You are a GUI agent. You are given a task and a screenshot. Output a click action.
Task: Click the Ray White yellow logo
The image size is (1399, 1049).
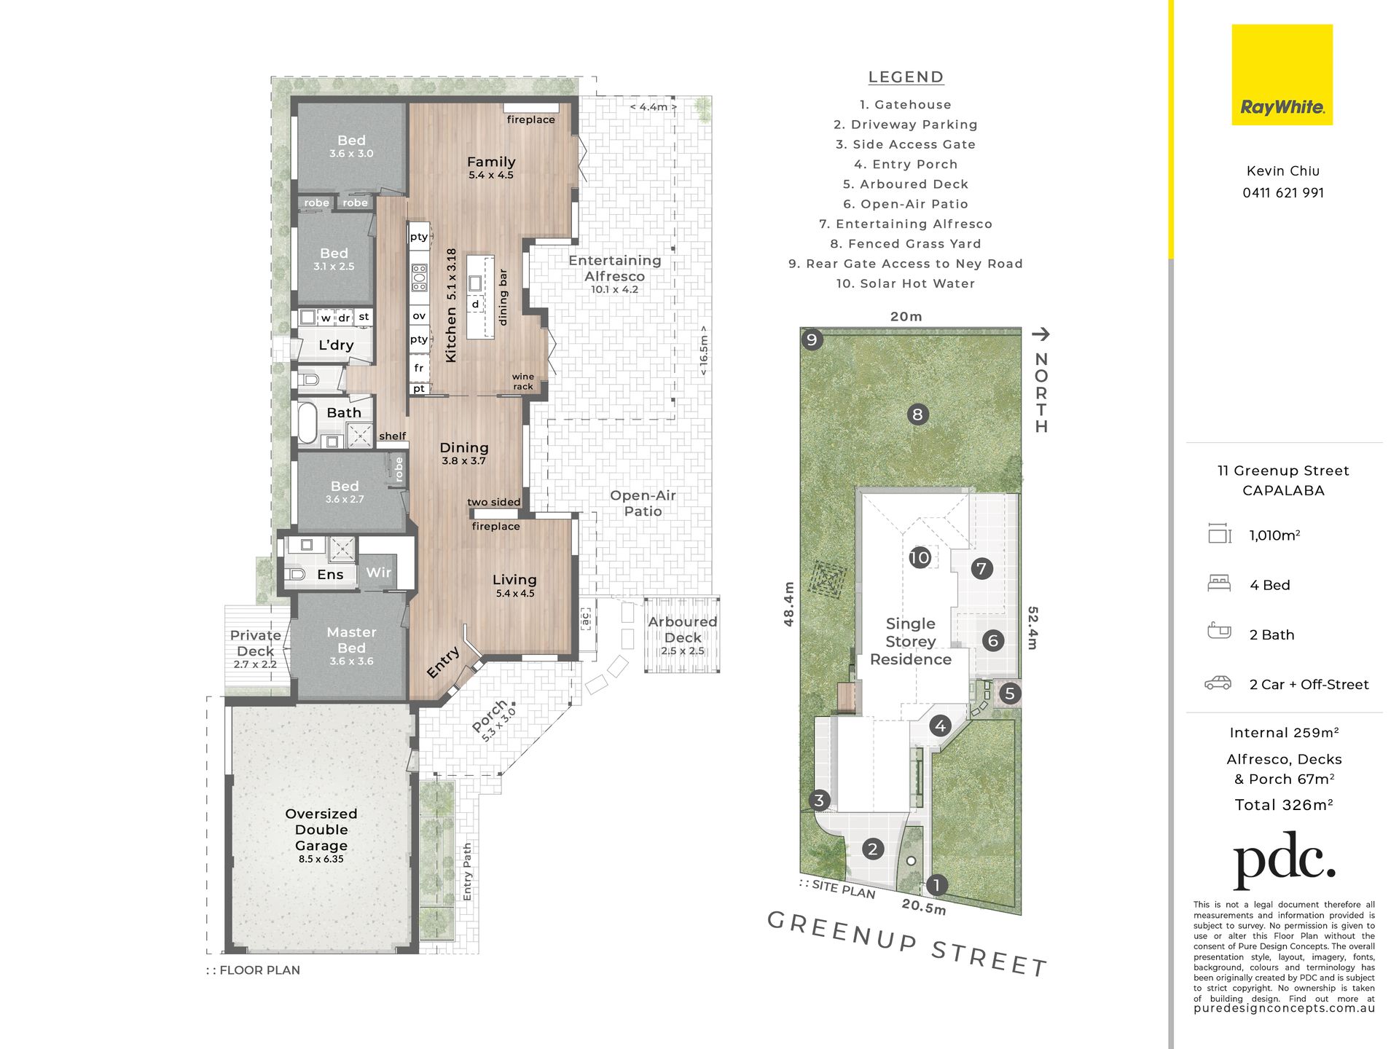click(x=1282, y=75)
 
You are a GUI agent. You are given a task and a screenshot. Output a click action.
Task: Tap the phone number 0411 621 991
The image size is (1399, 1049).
click(x=1283, y=193)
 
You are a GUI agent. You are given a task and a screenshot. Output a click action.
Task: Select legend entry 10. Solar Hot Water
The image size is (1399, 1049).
click(x=905, y=283)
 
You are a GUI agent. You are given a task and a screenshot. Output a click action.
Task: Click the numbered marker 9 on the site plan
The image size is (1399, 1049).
click(x=812, y=339)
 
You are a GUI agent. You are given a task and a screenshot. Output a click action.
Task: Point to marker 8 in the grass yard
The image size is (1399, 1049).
click(x=917, y=415)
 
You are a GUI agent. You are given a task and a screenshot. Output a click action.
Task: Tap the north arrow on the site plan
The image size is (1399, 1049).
click(x=1041, y=334)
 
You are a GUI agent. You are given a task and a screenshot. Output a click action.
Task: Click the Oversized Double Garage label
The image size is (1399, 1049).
click(x=321, y=830)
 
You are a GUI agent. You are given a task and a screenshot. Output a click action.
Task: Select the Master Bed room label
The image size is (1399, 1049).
click(x=351, y=640)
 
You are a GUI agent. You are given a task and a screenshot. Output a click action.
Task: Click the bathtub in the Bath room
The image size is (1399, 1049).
click(x=307, y=423)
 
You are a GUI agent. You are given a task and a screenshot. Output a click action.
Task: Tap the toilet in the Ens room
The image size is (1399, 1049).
click(x=295, y=574)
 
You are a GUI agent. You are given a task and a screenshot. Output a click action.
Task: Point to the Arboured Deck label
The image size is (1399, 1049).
click(x=683, y=629)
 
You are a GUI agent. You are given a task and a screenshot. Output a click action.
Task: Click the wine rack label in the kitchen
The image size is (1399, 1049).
click(x=523, y=382)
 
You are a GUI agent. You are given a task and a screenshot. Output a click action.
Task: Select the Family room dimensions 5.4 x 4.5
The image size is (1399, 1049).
click(x=491, y=176)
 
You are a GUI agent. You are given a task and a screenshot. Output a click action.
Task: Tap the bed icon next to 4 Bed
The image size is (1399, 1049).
click(x=1219, y=584)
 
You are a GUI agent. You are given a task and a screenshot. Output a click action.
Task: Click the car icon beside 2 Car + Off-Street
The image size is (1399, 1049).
click(x=1218, y=683)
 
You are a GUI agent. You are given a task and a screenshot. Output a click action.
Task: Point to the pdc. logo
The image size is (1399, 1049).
click(x=1283, y=860)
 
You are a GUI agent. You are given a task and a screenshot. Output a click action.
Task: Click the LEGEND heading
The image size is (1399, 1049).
click(x=906, y=77)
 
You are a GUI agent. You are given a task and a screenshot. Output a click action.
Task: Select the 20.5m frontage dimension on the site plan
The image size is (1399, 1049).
click(x=924, y=907)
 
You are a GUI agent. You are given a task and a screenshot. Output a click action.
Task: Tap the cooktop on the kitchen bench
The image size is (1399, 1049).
click(x=419, y=278)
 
